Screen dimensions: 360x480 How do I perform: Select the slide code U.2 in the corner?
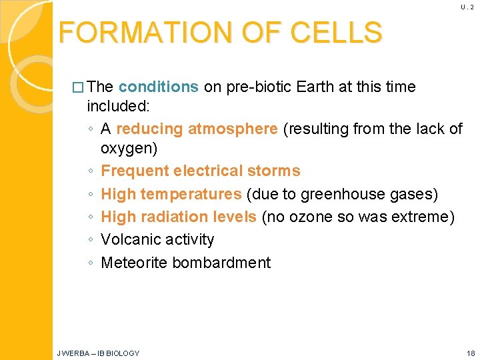[x=466, y=7]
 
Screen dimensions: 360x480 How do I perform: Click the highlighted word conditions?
[x=158, y=87]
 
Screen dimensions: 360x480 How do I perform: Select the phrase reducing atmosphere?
[x=197, y=129]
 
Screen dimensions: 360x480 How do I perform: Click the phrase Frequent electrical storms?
[x=200, y=171]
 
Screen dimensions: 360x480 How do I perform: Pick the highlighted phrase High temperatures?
[x=171, y=194]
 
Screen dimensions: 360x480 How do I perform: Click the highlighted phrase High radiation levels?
[x=178, y=217]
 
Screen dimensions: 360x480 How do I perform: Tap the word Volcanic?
[x=130, y=239]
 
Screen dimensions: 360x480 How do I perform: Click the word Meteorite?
[x=133, y=263]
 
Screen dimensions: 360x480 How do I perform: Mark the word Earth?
[x=315, y=87]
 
